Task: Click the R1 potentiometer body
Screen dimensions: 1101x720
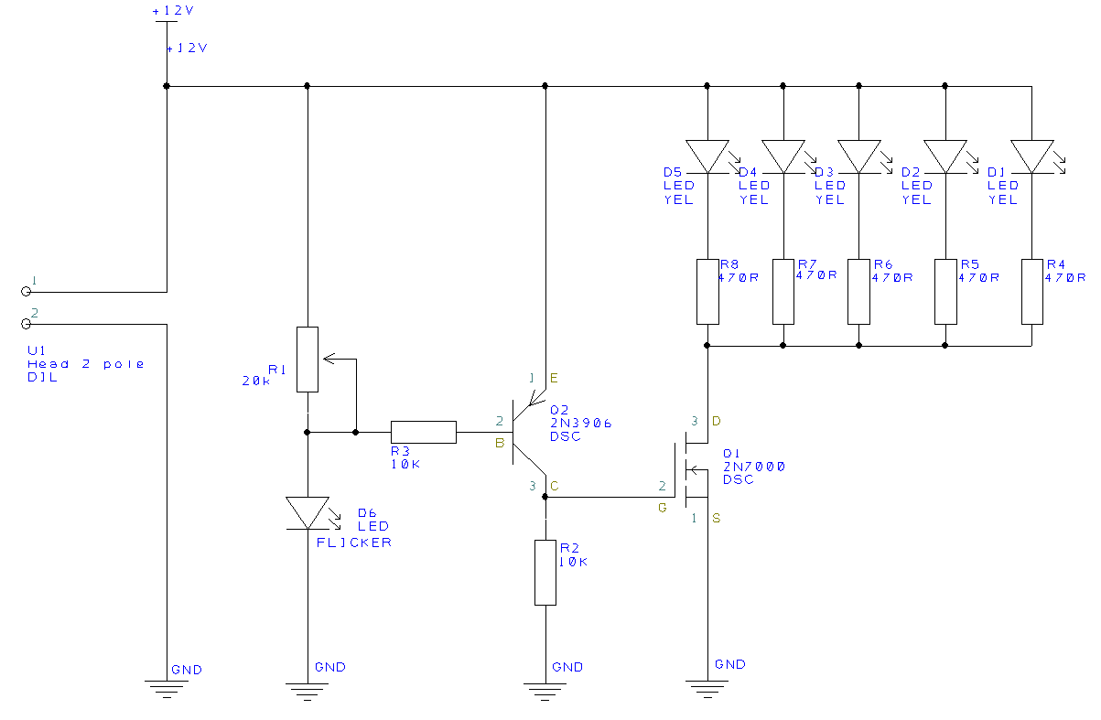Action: (308, 360)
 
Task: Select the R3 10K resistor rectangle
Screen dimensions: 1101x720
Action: (423, 432)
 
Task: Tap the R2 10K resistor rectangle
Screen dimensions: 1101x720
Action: (545, 573)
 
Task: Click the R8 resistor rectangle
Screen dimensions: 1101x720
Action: (707, 292)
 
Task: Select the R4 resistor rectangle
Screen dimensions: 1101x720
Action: (1031, 292)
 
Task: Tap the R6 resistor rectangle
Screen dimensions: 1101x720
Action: (858, 292)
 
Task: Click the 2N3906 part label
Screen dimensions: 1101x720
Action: (580, 424)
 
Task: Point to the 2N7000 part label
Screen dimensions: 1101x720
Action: (753, 467)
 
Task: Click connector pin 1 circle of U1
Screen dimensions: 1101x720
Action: (26, 292)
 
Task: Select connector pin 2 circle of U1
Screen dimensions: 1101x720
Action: (26, 324)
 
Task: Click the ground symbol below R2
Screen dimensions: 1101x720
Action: (545, 691)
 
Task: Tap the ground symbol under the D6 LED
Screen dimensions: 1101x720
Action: (308, 691)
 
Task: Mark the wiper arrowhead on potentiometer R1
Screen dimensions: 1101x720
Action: (329, 359)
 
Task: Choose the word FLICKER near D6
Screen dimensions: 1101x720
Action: (354, 543)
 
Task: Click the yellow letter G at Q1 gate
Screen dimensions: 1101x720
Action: (662, 508)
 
